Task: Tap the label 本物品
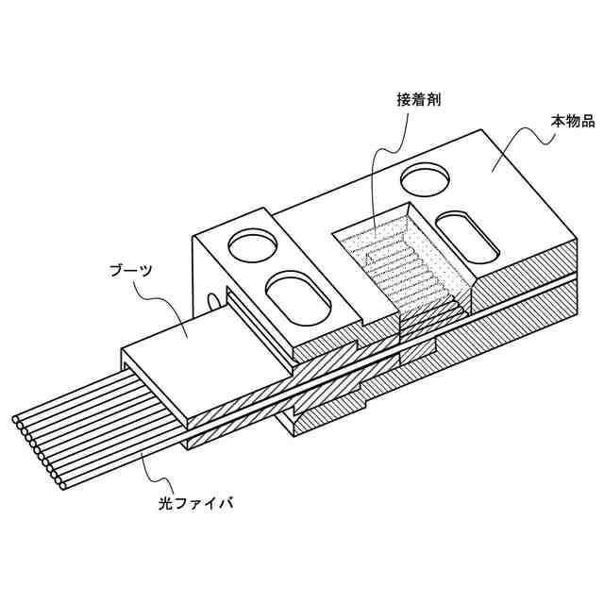[x=572, y=122]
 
